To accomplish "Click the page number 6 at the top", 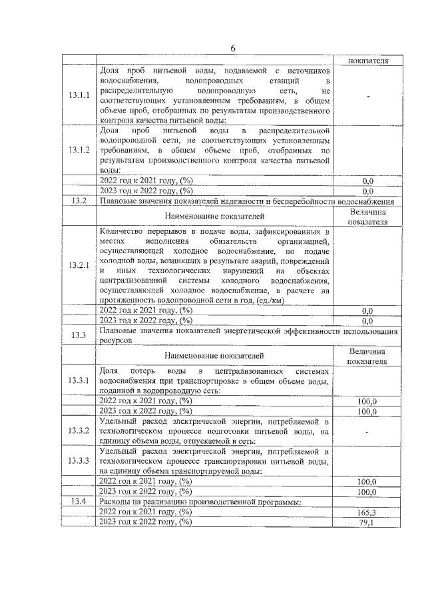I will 233,48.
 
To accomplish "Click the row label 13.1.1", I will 79,96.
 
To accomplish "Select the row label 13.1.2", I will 79,149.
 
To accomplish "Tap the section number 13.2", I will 79,201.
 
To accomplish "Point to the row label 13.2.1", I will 79,266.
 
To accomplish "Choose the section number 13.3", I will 79,334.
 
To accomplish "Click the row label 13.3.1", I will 79,380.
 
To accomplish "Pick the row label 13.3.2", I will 79,431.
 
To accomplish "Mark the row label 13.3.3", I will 79,460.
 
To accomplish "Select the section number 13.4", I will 79,501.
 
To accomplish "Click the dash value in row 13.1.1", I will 367,97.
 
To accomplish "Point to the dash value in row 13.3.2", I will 367,432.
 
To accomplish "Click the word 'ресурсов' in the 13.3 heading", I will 116,339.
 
